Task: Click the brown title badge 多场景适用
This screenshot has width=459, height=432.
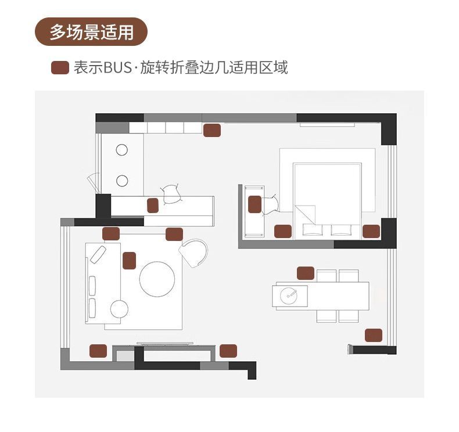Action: [91, 32]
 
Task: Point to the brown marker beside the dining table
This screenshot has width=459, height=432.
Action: [305, 272]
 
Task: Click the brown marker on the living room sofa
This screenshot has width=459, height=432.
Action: [129, 261]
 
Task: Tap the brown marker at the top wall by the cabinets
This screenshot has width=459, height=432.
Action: [212, 131]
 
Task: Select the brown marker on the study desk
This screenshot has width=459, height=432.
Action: [153, 205]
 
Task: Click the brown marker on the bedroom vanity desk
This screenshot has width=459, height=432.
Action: [254, 204]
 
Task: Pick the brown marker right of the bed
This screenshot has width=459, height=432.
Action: [371, 231]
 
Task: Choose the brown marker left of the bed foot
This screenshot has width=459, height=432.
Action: [282, 231]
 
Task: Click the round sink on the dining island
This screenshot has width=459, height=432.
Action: [289, 294]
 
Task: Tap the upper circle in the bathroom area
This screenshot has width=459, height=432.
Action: [121, 150]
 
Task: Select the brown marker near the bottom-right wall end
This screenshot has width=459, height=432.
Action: [374, 335]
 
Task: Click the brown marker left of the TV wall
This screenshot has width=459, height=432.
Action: [98, 351]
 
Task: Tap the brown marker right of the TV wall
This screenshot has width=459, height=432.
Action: [228, 351]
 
